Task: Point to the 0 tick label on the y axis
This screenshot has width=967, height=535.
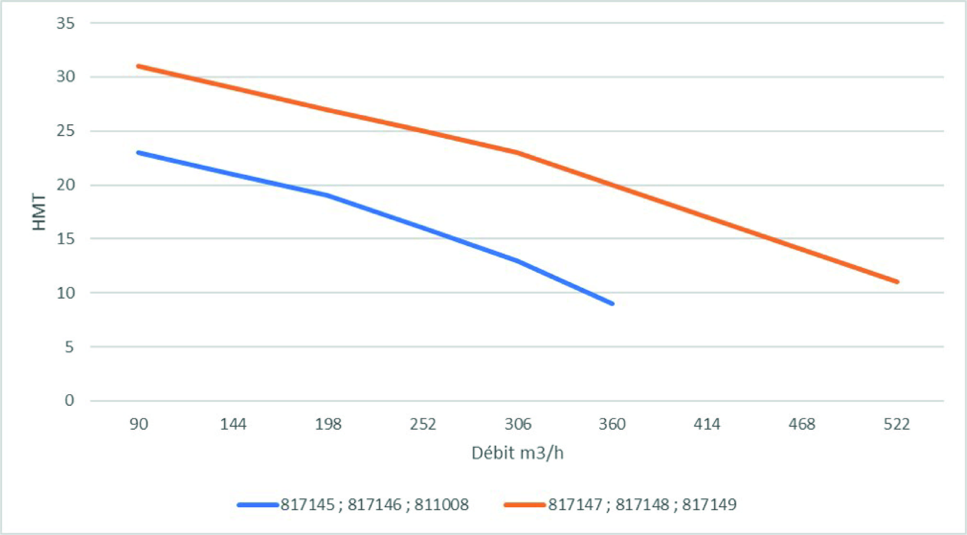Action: point(69,401)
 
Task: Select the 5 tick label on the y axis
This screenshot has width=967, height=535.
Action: point(69,347)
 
